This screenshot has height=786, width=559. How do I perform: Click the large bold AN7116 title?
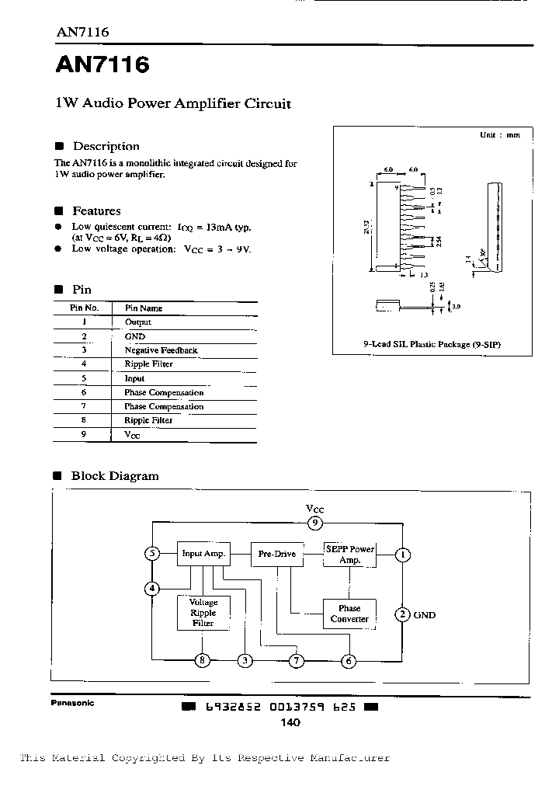click(102, 65)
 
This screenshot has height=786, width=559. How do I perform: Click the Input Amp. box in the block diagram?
click(203, 554)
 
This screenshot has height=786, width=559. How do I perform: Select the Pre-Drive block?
click(276, 554)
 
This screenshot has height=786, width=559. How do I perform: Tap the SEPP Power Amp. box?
click(349, 554)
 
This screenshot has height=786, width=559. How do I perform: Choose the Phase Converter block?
click(349, 614)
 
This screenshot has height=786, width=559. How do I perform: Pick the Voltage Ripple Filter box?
click(203, 612)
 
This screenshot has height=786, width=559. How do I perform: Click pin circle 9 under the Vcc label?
click(314, 523)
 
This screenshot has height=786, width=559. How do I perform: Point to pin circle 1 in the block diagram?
click(404, 555)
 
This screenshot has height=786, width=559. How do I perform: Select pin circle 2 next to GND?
click(402, 614)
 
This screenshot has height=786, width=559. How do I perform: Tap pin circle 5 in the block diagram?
click(153, 554)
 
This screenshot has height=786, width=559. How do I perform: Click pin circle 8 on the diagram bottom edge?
click(203, 661)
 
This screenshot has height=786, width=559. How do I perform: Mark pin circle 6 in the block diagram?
click(349, 661)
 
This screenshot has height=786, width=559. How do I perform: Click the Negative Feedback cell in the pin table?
click(161, 350)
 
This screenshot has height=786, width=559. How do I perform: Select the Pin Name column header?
click(145, 308)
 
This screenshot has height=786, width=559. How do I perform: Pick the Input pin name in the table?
click(134, 378)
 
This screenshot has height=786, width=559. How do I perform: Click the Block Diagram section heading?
click(114, 476)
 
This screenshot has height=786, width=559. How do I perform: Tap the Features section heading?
click(96, 210)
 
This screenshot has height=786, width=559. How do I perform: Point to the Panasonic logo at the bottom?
click(72, 703)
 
